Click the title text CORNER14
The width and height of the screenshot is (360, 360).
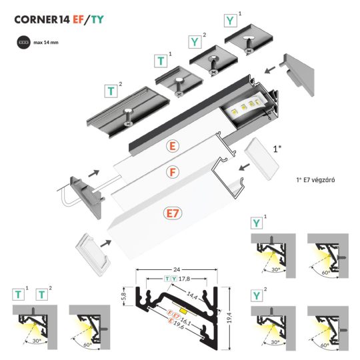(42, 19)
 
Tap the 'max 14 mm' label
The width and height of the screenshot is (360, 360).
(46, 41)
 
